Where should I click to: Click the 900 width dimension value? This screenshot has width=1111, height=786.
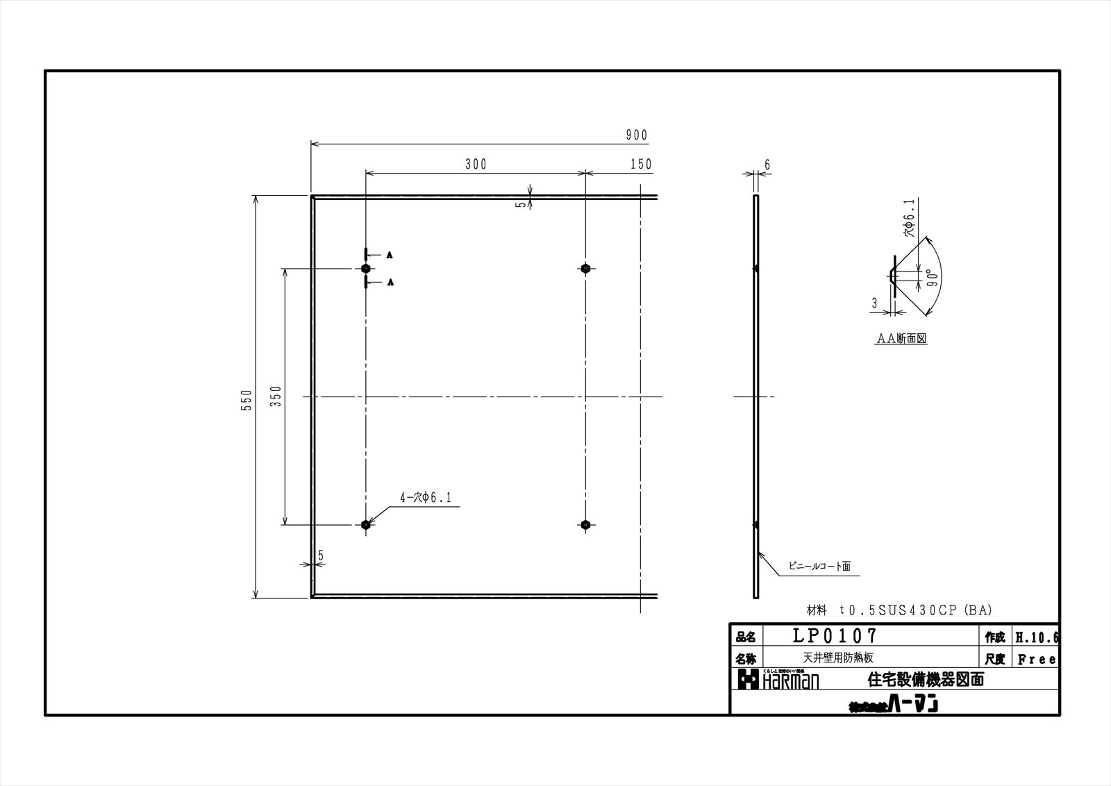(636, 135)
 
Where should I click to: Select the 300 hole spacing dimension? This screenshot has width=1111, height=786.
(476, 165)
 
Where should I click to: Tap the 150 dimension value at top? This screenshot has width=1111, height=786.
(641, 165)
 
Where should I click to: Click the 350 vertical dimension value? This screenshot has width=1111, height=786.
(276, 396)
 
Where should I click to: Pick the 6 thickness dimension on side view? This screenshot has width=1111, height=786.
(767, 165)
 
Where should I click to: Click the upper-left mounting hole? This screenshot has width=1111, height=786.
(366, 269)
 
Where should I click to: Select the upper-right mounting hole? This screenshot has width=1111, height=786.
(586, 269)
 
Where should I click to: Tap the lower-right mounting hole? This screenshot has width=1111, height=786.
(586, 525)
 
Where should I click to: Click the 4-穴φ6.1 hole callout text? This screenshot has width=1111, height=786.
(426, 498)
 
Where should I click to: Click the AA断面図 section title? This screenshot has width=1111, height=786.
(901, 339)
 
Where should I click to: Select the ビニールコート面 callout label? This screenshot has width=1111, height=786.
(819, 567)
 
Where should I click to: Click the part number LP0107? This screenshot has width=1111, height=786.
(835, 635)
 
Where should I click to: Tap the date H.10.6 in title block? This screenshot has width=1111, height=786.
(1037, 637)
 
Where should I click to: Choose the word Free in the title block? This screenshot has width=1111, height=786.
(1037, 660)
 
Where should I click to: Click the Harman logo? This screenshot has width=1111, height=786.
(778, 680)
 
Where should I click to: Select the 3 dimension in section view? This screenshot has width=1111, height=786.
(875, 303)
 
